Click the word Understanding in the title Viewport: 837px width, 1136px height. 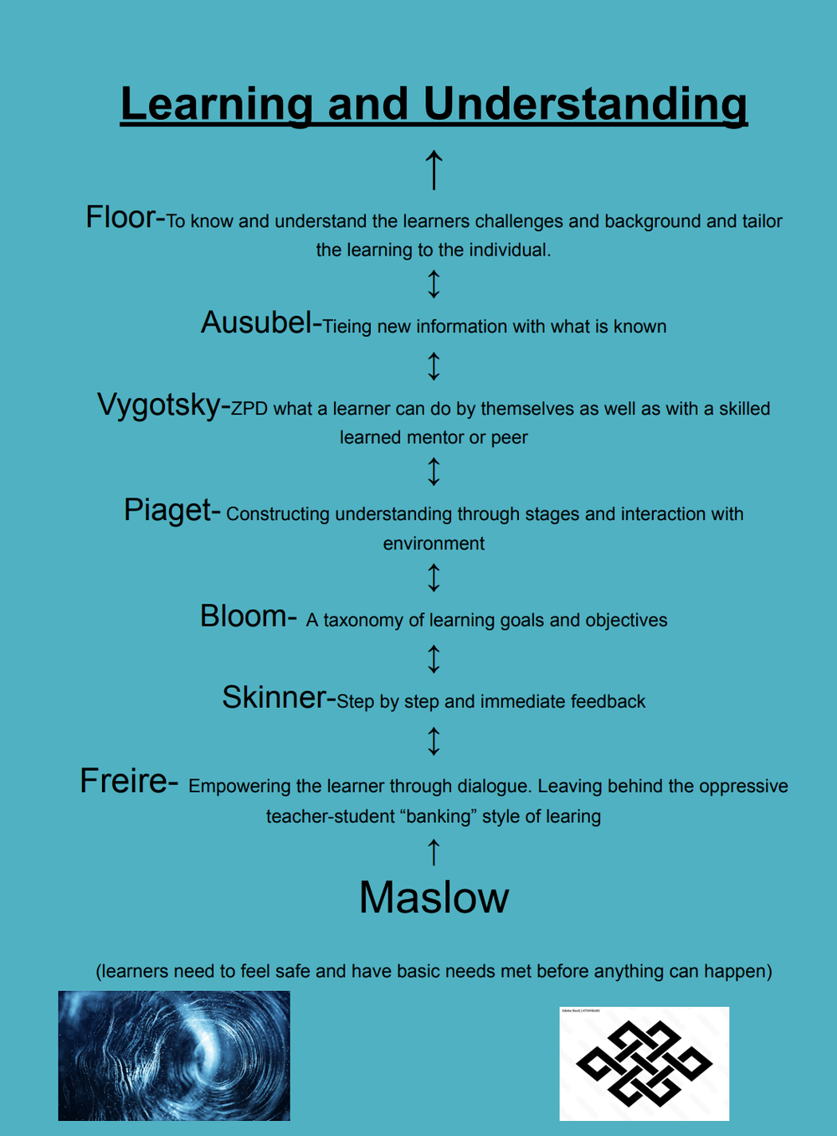point(585,105)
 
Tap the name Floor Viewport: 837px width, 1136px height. point(121,217)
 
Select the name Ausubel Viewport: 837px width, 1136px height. point(256,323)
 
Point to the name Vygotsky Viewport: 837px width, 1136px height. point(158,405)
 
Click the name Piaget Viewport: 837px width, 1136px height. point(167,510)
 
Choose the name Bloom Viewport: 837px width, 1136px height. point(243,617)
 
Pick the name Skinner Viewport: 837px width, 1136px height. point(274,698)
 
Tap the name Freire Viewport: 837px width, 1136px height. point(124,781)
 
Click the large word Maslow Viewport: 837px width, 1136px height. point(434,898)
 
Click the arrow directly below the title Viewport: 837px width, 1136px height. point(434,169)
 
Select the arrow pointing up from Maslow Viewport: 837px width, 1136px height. point(434,852)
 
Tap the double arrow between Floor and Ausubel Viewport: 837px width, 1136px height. point(434,284)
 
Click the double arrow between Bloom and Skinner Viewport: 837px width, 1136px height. point(434,658)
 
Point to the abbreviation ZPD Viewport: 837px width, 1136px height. point(249,409)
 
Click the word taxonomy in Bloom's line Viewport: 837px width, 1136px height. point(363,621)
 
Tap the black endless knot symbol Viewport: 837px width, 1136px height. point(644,1063)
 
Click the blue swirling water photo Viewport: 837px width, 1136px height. point(174,1056)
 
